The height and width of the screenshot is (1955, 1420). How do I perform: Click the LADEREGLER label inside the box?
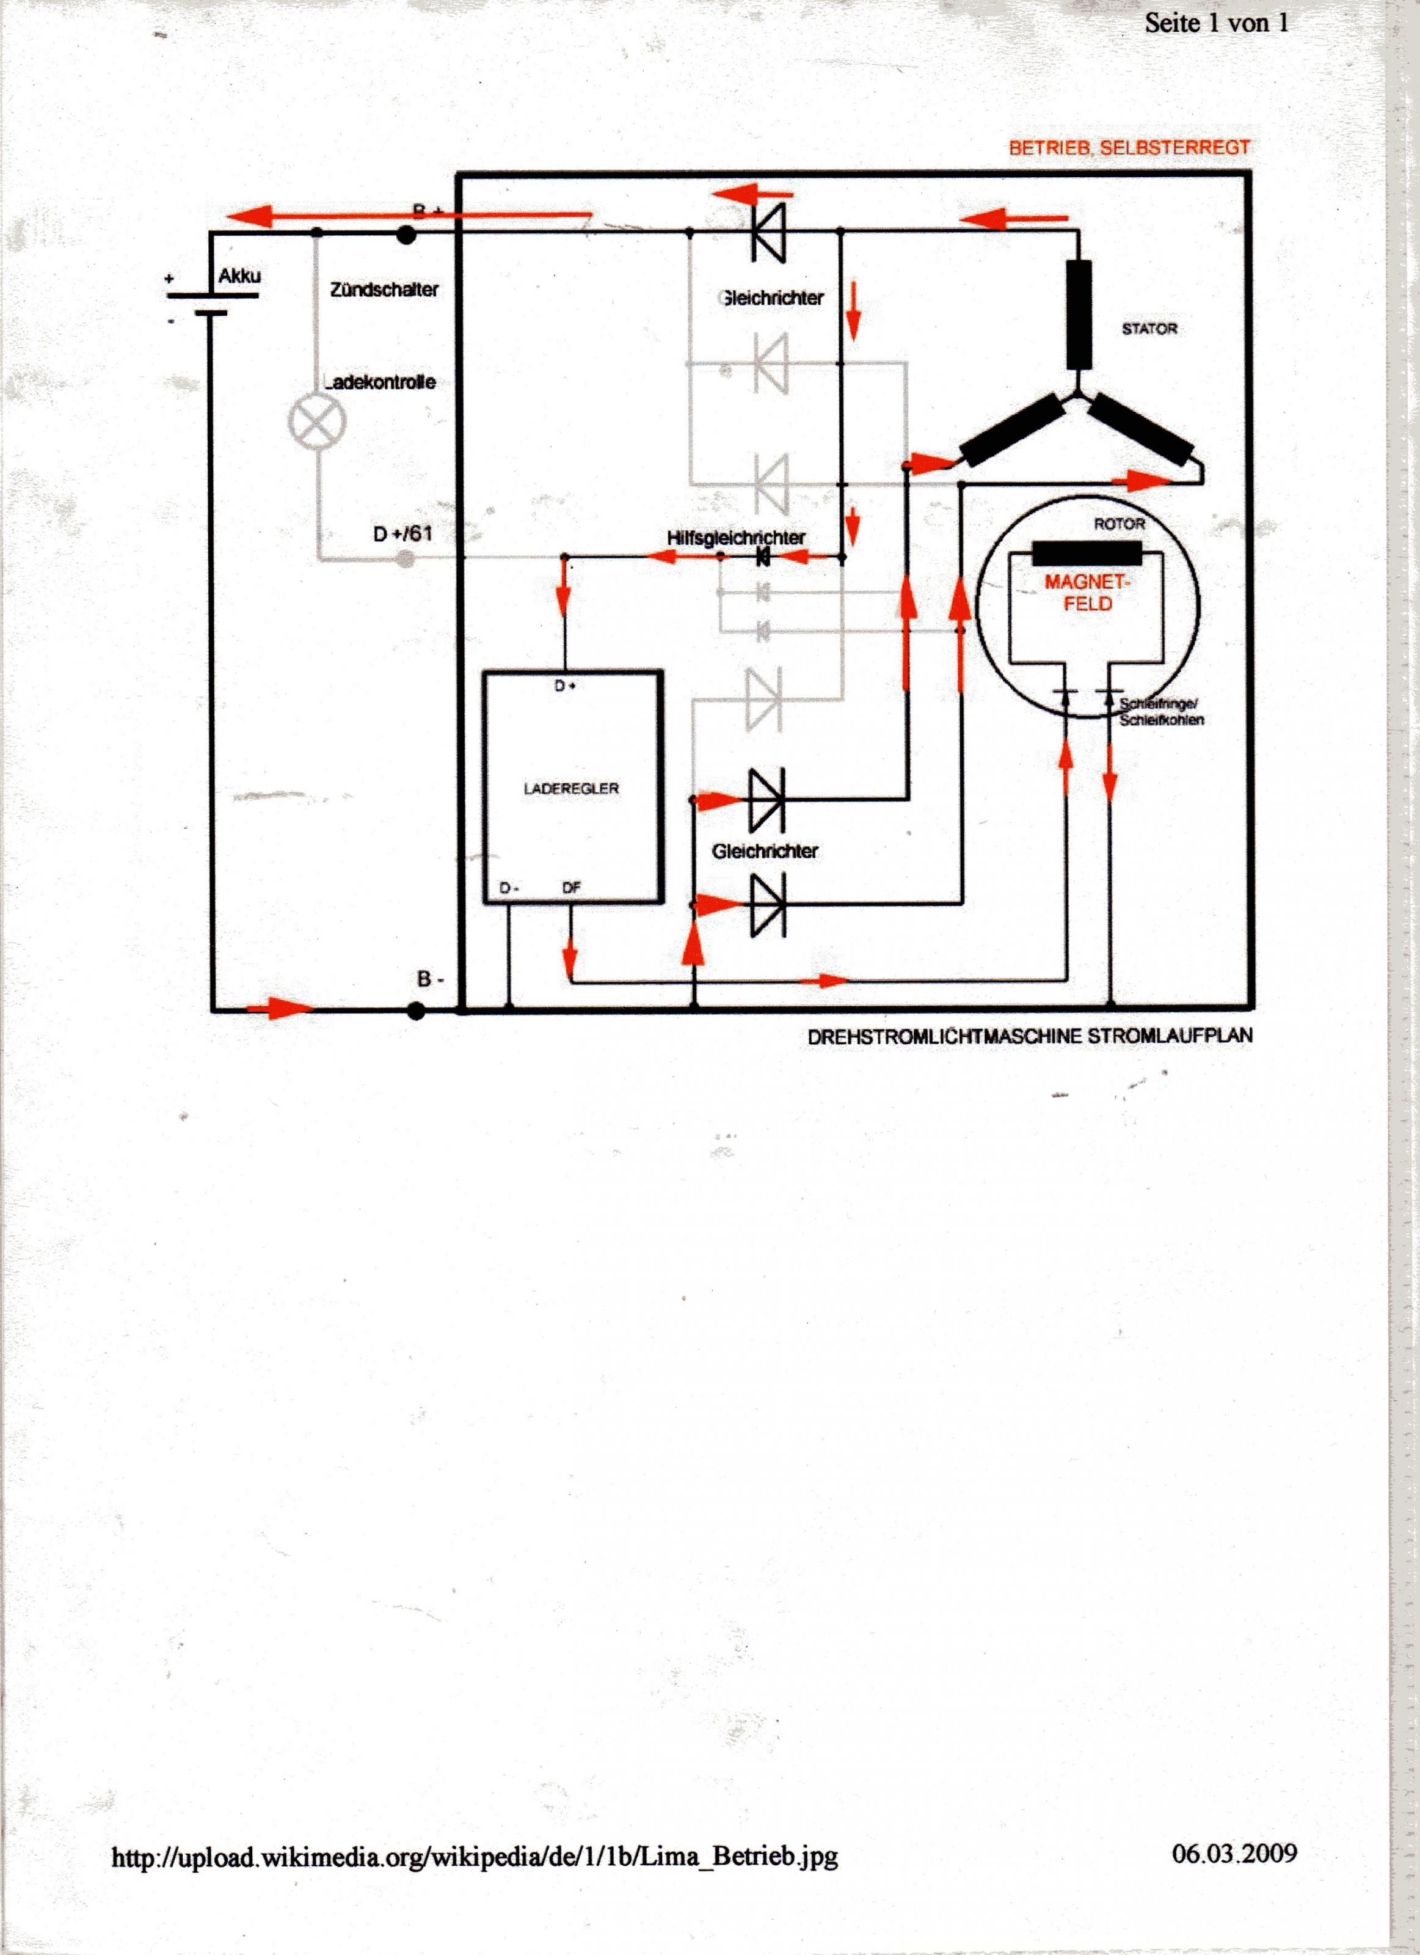tap(571, 788)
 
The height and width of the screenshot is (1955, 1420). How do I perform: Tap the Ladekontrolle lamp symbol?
tap(316, 422)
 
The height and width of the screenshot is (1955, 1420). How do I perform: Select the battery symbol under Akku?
tap(212, 304)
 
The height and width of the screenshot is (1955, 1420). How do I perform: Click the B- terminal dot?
tap(416, 1010)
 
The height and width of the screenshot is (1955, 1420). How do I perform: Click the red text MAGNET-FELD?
tap(1087, 592)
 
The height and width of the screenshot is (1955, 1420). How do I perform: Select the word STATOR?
tap(1149, 329)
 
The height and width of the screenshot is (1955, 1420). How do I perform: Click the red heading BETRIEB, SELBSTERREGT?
tap(1129, 147)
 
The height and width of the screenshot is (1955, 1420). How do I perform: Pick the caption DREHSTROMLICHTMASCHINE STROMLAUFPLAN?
tap(1030, 1036)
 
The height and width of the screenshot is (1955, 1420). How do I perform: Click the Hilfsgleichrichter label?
tap(736, 537)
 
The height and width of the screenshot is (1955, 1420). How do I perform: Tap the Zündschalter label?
tap(384, 290)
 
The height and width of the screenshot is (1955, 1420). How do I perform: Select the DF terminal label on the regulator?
tap(571, 887)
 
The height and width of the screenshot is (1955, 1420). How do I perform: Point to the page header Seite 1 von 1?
tap(1217, 23)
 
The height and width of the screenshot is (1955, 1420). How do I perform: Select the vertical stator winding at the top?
tap(1079, 315)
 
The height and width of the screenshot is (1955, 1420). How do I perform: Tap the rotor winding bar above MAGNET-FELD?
tap(1087, 554)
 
